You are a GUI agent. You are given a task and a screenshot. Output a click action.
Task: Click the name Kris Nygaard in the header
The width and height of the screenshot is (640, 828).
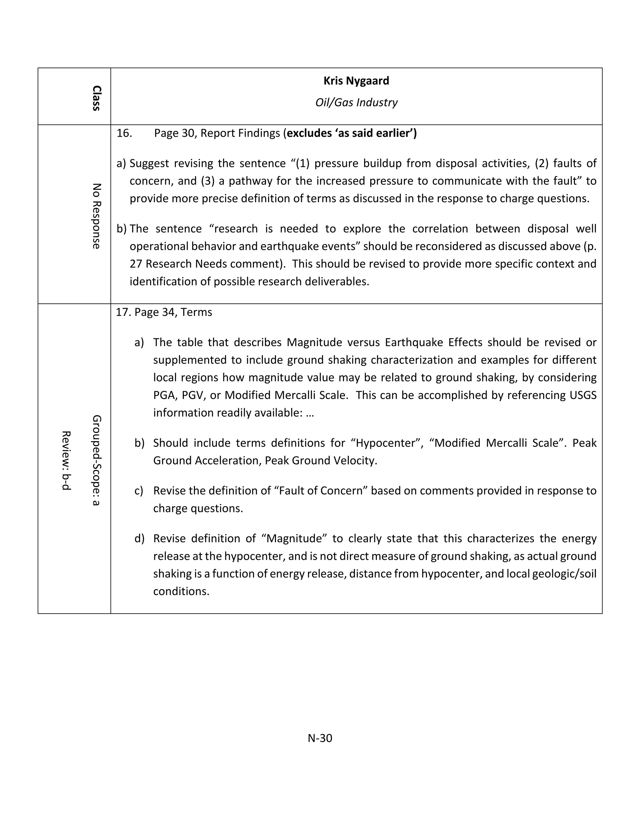pyautogui.click(x=356, y=81)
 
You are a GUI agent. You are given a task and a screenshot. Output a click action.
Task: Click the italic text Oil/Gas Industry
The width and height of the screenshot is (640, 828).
pyautogui.click(x=356, y=102)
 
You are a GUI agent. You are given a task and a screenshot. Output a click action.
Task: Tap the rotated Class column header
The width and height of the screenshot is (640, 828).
pyautogui.click(x=97, y=98)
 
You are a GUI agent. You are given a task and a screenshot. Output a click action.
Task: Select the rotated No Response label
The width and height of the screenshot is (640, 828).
pyautogui.click(x=97, y=216)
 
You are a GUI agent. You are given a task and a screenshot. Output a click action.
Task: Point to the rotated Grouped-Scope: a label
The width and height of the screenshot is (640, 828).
pyautogui.click(x=97, y=460)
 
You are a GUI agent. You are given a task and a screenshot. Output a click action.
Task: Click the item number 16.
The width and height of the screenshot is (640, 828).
pyautogui.click(x=124, y=133)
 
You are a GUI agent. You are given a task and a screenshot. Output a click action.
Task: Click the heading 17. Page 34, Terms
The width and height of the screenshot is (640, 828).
pyautogui.click(x=164, y=312)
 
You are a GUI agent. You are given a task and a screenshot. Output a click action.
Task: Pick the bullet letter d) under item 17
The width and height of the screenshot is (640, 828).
pyautogui.click(x=139, y=538)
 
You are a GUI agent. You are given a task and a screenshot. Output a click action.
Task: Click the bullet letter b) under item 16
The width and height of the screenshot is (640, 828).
pyautogui.click(x=121, y=229)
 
